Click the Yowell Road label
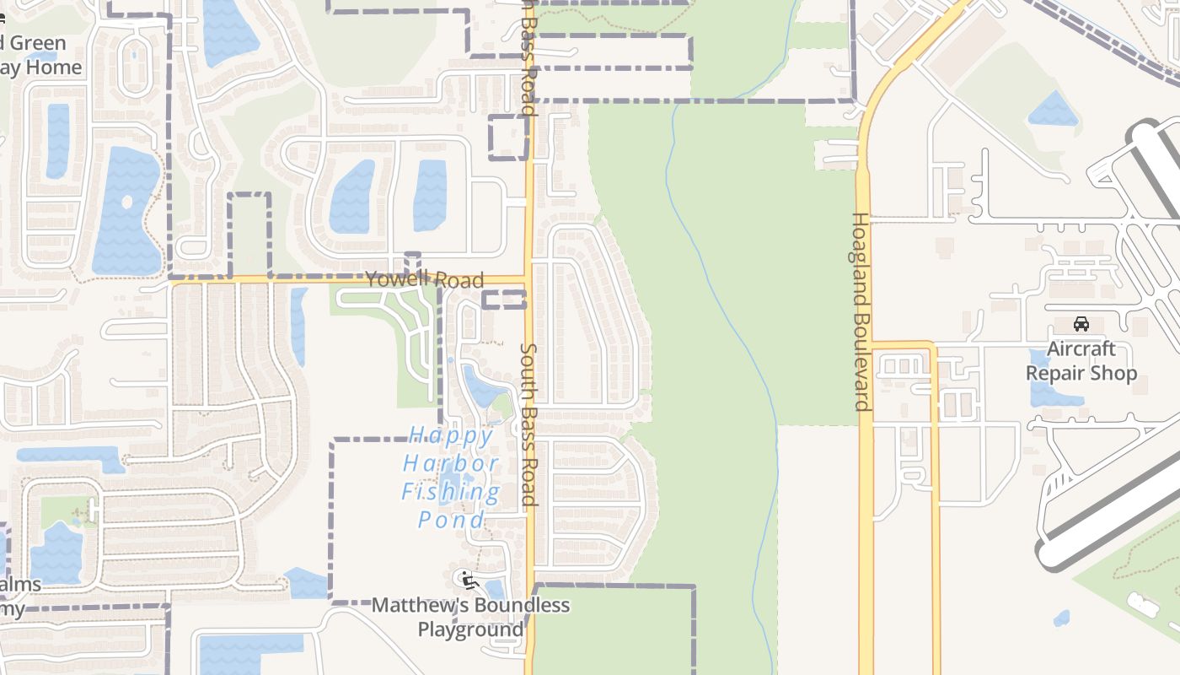coord(425,279)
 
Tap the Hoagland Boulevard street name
coord(860,311)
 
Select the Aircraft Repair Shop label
coord(1081,361)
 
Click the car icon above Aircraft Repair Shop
coord(1081,324)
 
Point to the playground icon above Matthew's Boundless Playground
coord(465,580)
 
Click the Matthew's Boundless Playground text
coord(470,618)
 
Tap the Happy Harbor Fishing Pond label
coord(451,478)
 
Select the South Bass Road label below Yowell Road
coord(528,424)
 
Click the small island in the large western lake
coord(127,202)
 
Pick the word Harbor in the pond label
coord(451,464)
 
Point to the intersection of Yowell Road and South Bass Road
coord(529,279)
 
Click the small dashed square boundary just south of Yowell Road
coord(504,300)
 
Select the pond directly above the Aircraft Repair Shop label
coord(1054,110)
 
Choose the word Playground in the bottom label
coord(470,630)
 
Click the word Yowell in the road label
coord(397,278)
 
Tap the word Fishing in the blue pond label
coord(451,492)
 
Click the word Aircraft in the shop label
coord(1081,349)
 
